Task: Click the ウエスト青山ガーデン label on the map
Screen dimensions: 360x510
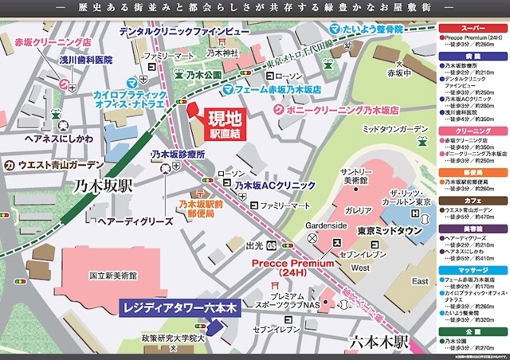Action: coord(59,166)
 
